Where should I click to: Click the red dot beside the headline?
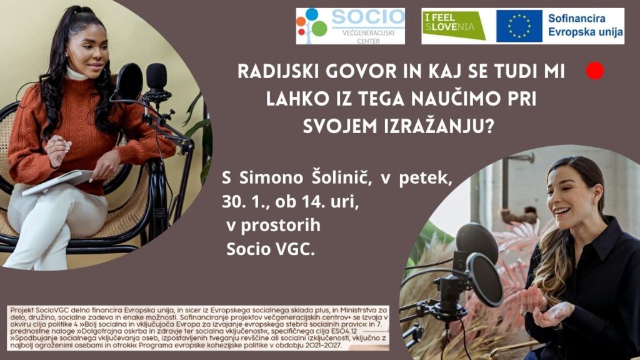(x=595, y=71)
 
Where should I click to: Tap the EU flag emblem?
(x=519, y=26)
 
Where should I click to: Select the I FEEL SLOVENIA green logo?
(x=454, y=26)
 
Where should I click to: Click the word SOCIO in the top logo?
(x=367, y=17)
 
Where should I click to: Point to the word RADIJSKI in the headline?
(x=278, y=72)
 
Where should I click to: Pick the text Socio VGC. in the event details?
(x=271, y=249)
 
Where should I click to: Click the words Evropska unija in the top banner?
(x=585, y=32)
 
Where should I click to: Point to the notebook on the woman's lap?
(x=57, y=182)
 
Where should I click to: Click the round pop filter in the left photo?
(x=129, y=82)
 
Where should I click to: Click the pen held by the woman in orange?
(x=57, y=139)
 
